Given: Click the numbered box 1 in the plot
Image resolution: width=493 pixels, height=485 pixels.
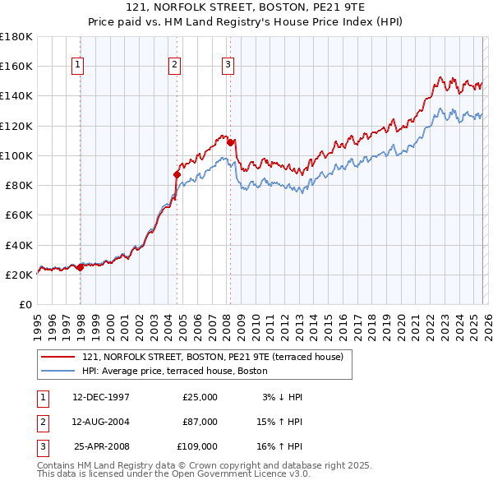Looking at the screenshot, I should pyautogui.click(x=77, y=65).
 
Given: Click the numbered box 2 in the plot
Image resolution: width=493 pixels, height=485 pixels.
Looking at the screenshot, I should pyautogui.click(x=175, y=65).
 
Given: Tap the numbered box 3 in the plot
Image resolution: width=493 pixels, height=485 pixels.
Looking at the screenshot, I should pyautogui.click(x=228, y=65).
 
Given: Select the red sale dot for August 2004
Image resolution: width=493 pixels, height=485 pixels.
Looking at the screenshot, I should pyautogui.click(x=177, y=174).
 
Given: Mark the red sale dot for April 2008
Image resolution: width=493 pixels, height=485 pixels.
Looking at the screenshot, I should pyautogui.click(x=230, y=142).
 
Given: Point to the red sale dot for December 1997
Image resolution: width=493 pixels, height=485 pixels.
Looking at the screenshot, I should pyautogui.click(x=80, y=267).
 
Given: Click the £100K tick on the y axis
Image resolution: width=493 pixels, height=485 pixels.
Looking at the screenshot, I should pyautogui.click(x=16, y=155).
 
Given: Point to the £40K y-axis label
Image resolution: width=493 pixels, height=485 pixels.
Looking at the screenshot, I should pyautogui.click(x=19, y=245).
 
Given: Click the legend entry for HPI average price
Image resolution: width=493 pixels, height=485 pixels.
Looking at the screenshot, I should pyautogui.click(x=175, y=371).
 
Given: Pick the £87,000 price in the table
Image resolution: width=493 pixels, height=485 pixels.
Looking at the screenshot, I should pyautogui.click(x=200, y=422).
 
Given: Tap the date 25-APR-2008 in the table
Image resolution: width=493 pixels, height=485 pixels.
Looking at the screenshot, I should pyautogui.click(x=101, y=446).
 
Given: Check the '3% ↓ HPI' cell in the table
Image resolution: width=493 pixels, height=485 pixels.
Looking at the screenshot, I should pyautogui.click(x=282, y=397).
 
